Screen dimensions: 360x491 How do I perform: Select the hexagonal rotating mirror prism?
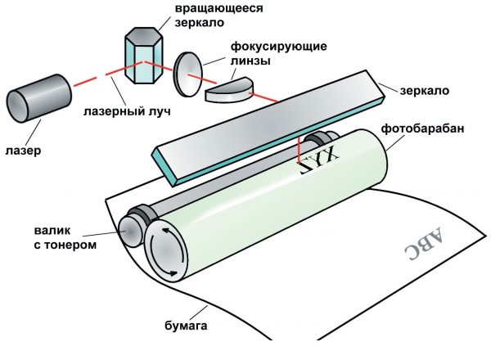[x=145, y=57]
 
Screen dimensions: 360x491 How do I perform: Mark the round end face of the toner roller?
[x=130, y=232]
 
